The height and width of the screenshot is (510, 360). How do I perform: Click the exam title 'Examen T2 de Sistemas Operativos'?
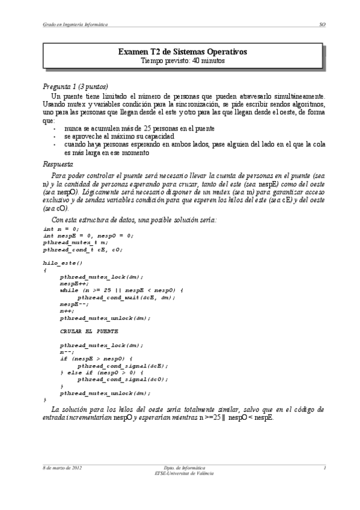click(x=182, y=52)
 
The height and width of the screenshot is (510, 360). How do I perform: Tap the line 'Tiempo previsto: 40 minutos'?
click(x=182, y=61)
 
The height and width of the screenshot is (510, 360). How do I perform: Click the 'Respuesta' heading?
click(x=58, y=164)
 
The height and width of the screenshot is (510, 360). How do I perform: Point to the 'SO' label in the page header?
click(x=322, y=24)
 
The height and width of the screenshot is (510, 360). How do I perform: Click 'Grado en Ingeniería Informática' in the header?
click(x=72, y=24)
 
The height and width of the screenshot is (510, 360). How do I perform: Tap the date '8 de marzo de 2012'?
click(x=62, y=467)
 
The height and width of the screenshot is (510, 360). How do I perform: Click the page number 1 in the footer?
click(x=324, y=467)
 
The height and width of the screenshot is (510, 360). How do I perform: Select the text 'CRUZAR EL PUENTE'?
click(x=89, y=331)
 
